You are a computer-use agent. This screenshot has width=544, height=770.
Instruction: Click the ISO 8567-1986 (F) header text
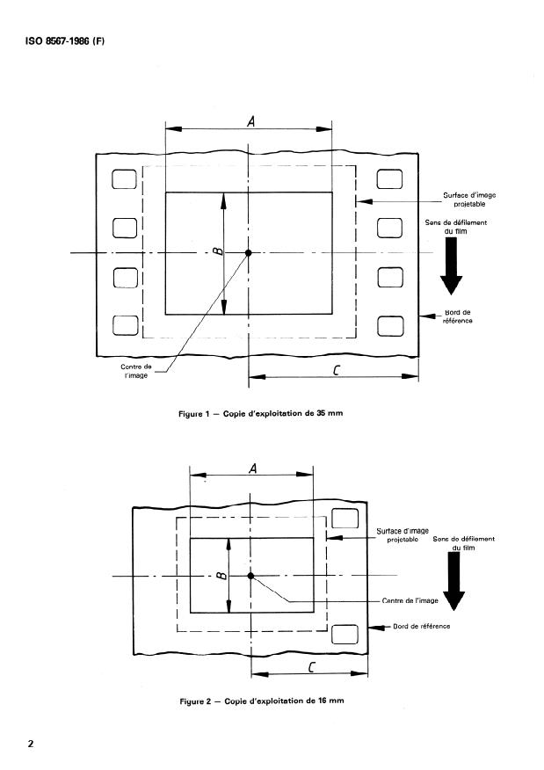(x=65, y=41)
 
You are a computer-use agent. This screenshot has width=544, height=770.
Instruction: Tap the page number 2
(x=31, y=744)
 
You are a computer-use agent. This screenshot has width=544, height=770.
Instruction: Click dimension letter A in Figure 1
(x=250, y=120)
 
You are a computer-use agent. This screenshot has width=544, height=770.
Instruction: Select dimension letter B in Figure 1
(x=219, y=251)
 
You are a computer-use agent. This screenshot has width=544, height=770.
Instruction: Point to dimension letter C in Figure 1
(x=337, y=370)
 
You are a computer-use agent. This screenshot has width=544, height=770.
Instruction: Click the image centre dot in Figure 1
(x=249, y=252)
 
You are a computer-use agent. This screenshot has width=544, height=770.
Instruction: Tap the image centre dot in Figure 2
(x=250, y=576)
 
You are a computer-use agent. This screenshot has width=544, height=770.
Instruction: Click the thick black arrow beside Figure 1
(x=451, y=265)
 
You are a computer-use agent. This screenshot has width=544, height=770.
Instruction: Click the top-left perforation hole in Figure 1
(x=124, y=178)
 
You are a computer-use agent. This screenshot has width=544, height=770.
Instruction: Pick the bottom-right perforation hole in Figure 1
(x=391, y=326)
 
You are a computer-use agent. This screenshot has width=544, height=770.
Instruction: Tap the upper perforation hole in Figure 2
(x=345, y=519)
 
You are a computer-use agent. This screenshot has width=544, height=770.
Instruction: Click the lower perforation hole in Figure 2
(x=345, y=634)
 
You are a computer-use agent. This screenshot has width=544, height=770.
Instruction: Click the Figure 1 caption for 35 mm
(x=261, y=413)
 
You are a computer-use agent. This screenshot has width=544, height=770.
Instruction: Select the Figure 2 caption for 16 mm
(x=262, y=701)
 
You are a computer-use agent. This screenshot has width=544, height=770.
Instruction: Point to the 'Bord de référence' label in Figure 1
(x=458, y=316)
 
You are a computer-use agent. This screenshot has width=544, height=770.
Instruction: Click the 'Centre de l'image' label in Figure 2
(x=410, y=600)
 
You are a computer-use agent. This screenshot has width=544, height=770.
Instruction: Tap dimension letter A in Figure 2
(x=253, y=469)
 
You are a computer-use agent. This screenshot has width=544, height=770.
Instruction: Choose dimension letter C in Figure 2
(x=311, y=667)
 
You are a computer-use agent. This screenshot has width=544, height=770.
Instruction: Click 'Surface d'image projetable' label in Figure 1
(x=469, y=200)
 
